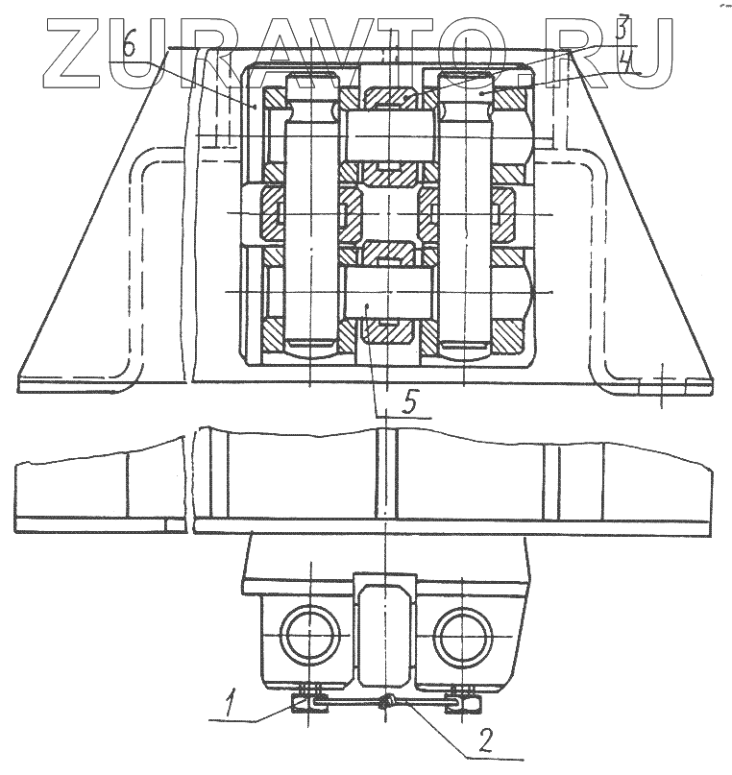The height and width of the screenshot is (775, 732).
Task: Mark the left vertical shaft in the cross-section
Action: click(309, 211)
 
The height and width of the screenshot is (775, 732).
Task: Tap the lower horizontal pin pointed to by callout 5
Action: click(386, 292)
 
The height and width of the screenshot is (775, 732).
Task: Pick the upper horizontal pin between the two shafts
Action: click(386, 132)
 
